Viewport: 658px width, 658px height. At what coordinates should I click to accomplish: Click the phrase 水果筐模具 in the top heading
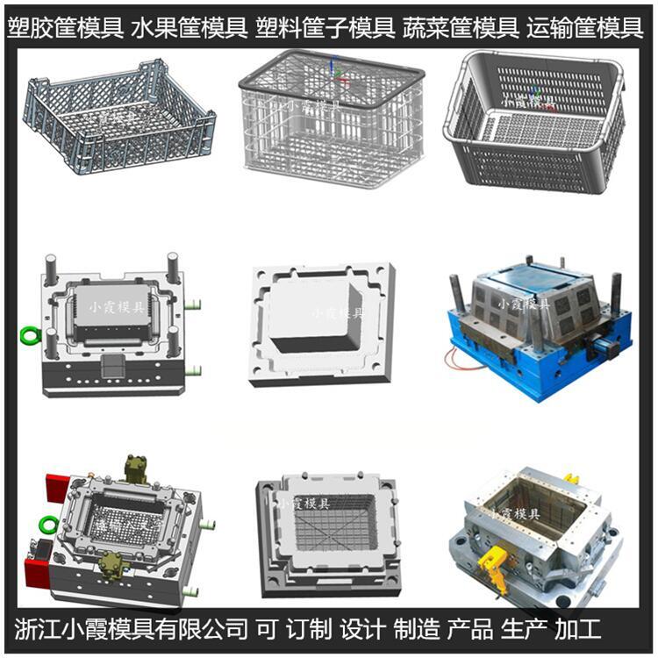[189, 28]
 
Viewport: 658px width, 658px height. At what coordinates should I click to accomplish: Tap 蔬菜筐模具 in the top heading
[461, 28]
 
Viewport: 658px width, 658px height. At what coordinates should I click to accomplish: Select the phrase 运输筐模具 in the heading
[585, 28]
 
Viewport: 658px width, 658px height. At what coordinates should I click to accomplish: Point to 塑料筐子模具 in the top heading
[325, 28]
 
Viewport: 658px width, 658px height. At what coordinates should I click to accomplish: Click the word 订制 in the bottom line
[309, 629]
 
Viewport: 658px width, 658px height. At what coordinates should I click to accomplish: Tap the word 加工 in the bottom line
[577, 629]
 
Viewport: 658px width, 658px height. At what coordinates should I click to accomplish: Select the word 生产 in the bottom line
[524, 629]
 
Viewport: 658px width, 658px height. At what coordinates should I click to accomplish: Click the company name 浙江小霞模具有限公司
[131, 629]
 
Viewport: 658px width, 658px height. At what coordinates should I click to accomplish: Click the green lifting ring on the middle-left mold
[30, 335]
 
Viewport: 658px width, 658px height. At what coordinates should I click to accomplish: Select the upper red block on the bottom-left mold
[58, 488]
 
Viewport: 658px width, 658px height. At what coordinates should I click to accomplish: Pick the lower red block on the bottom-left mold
[37, 573]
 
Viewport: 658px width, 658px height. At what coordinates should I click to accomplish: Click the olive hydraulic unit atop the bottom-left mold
[135, 470]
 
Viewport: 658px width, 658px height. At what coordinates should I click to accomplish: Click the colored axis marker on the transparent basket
[336, 71]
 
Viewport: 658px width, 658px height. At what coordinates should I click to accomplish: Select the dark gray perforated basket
[534, 122]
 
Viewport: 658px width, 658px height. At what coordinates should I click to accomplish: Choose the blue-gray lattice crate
[119, 117]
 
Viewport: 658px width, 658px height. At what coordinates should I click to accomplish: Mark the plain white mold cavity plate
[322, 325]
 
